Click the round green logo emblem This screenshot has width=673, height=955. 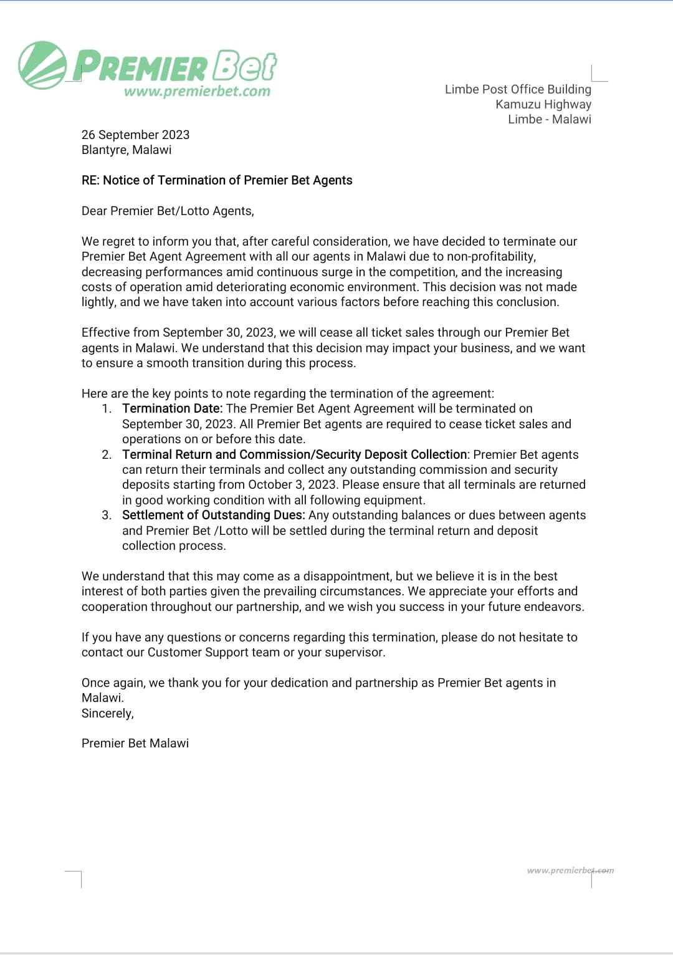(x=42, y=65)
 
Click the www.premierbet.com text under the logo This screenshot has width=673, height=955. (x=197, y=92)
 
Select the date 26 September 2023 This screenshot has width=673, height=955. (x=135, y=135)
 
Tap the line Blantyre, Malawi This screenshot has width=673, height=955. (x=126, y=150)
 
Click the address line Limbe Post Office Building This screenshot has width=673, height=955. (x=518, y=89)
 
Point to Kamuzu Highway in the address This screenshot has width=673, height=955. (x=543, y=104)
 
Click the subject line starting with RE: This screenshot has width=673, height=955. (x=217, y=180)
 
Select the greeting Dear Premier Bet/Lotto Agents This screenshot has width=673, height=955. (x=168, y=211)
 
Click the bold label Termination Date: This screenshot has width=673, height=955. (x=172, y=408)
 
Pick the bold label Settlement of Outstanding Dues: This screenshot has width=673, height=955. (x=213, y=515)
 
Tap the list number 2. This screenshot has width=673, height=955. (x=107, y=454)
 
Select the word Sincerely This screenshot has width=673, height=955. (x=107, y=713)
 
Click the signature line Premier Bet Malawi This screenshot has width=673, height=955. (x=135, y=743)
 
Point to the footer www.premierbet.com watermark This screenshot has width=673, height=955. (x=570, y=870)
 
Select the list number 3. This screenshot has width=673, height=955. (x=107, y=515)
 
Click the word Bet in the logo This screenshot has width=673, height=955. (x=244, y=66)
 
